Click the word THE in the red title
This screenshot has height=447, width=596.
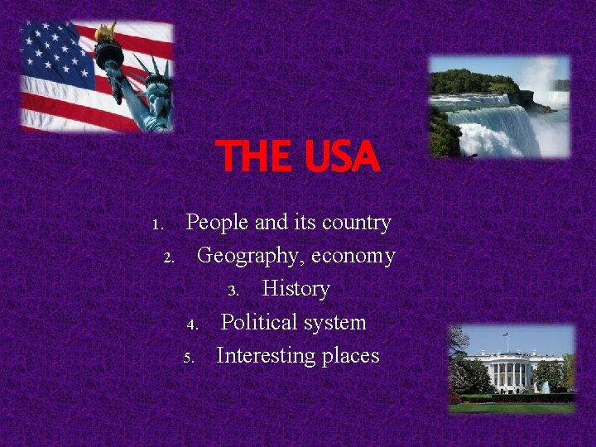click(x=251, y=156)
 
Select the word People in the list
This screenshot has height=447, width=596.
click(x=210, y=223)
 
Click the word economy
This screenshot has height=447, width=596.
click(x=353, y=256)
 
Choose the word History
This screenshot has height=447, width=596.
click(x=296, y=289)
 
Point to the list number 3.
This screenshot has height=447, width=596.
click(x=233, y=291)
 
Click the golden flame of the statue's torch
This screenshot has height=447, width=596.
click(x=105, y=33)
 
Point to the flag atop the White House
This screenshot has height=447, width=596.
click(x=506, y=335)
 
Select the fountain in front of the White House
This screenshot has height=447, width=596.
click(x=544, y=385)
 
